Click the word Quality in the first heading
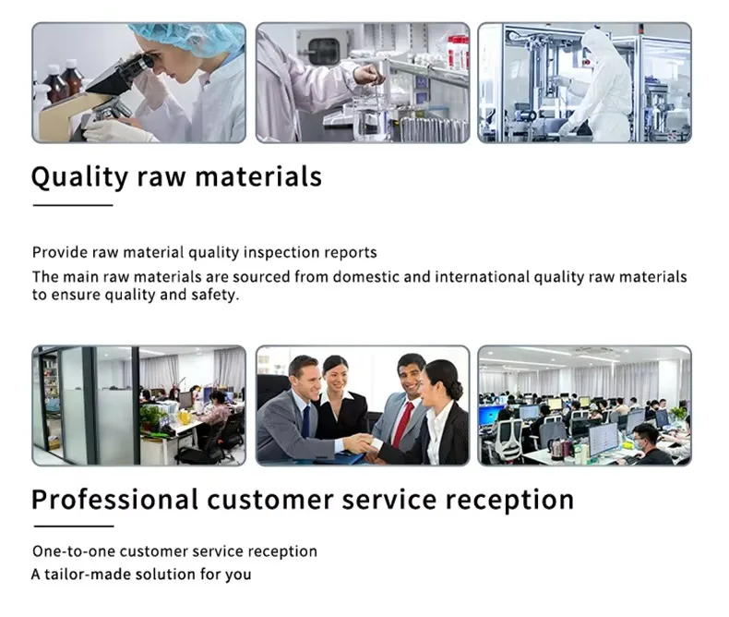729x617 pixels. (x=79, y=177)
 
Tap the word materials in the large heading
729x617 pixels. (x=258, y=176)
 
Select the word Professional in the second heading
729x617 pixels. (x=114, y=500)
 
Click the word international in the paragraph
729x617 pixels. (x=482, y=277)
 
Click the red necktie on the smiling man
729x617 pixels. (x=402, y=424)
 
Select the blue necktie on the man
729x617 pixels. (x=306, y=421)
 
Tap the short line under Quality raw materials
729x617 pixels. (x=73, y=205)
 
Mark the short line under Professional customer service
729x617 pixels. (x=74, y=526)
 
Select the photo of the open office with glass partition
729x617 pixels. (x=139, y=405)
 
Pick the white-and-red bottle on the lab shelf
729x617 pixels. (x=458, y=53)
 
